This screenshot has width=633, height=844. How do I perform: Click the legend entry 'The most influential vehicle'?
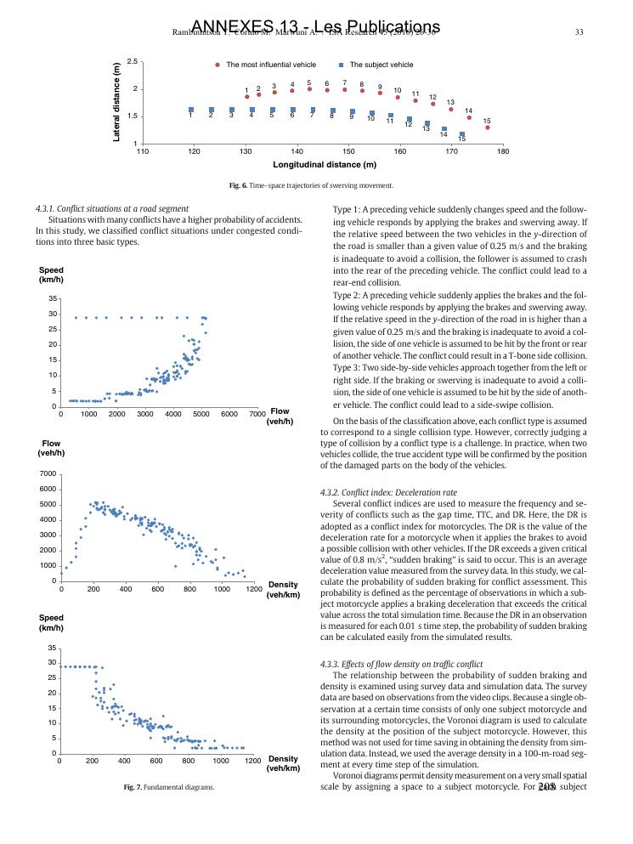(270, 65)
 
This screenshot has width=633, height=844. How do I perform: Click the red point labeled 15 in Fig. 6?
(487, 127)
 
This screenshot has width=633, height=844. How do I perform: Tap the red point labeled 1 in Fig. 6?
(246, 97)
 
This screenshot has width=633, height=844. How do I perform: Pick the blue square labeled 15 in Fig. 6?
(462, 134)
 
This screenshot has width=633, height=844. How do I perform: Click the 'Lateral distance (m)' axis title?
(117, 103)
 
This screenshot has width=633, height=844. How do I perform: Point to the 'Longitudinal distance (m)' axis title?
(324, 165)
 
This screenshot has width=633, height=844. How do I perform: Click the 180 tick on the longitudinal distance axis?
(503, 151)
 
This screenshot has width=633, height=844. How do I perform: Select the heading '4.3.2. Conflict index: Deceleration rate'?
(388, 491)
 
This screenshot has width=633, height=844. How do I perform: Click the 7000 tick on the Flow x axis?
(257, 414)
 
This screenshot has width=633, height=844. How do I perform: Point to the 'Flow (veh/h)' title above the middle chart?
(51, 448)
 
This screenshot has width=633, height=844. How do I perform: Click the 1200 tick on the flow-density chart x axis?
(252, 588)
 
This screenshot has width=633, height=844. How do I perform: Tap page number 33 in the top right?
(579, 32)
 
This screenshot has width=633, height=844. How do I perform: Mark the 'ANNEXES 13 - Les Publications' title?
(316, 27)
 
